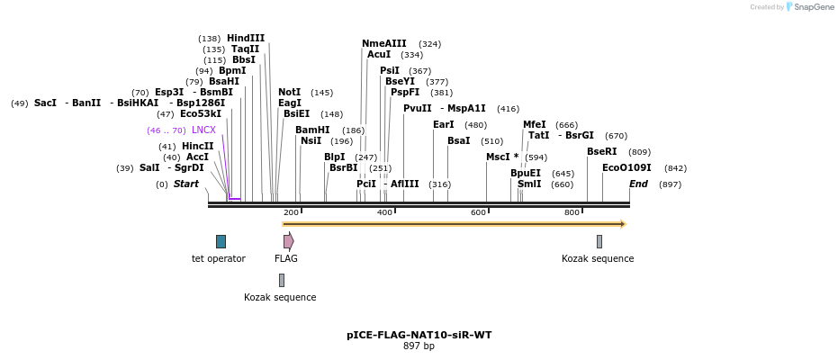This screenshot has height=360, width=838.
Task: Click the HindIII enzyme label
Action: [x=246, y=38]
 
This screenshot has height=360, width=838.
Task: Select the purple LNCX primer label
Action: [x=203, y=130]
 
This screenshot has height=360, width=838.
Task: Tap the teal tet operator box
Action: [x=221, y=241]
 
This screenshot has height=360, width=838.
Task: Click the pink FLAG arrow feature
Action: [x=288, y=241]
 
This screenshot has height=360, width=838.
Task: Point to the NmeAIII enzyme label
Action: [x=384, y=43]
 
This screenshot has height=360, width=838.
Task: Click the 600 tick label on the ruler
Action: [x=478, y=212]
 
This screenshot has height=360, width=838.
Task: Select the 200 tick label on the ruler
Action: [x=291, y=212]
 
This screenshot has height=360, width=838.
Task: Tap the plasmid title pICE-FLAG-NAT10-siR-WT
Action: [x=419, y=335]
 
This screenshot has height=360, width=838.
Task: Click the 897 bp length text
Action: [x=419, y=346]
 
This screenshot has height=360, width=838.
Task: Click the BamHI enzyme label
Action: [x=312, y=130]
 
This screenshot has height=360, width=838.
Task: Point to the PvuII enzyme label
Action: [x=418, y=108]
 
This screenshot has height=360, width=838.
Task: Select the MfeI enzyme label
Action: [x=535, y=124]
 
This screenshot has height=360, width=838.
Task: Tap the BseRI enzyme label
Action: [x=601, y=151]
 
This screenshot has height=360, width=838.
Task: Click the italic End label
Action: [x=638, y=184]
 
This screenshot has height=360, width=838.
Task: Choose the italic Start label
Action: [x=185, y=184]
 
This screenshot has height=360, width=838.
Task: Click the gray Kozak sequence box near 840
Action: [x=599, y=241]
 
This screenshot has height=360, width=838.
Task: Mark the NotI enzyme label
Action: [x=290, y=92]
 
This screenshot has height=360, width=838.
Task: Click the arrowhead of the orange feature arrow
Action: [x=622, y=224]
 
